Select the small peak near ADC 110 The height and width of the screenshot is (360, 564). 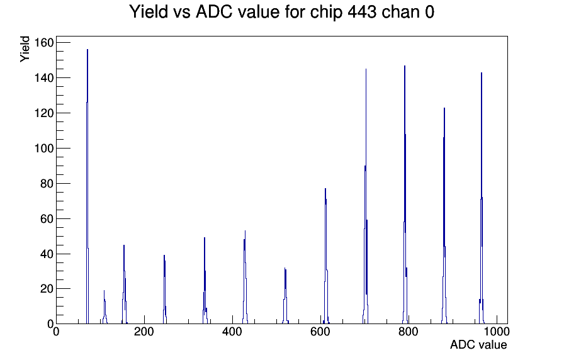[104, 308]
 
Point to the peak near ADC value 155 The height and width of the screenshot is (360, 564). [124, 284]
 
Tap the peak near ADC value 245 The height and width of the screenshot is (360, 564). [164, 290]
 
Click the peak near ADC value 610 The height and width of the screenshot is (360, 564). [325, 256]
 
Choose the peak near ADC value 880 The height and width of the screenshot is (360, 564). [444, 216]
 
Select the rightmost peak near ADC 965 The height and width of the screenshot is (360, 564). [482, 198]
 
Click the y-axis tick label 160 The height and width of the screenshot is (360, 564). [43, 43]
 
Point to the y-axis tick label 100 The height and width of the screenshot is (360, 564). [43, 148]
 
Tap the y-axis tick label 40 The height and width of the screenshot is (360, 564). [47, 254]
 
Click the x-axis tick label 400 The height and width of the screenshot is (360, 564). [232, 332]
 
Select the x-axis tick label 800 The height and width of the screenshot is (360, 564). [409, 332]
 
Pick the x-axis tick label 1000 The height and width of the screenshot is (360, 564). [497, 332]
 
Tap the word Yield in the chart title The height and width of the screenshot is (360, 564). [149, 12]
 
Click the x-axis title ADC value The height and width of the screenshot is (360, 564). [478, 345]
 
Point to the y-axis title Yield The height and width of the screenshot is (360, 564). [25, 49]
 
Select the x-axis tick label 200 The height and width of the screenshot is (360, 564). [144, 332]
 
